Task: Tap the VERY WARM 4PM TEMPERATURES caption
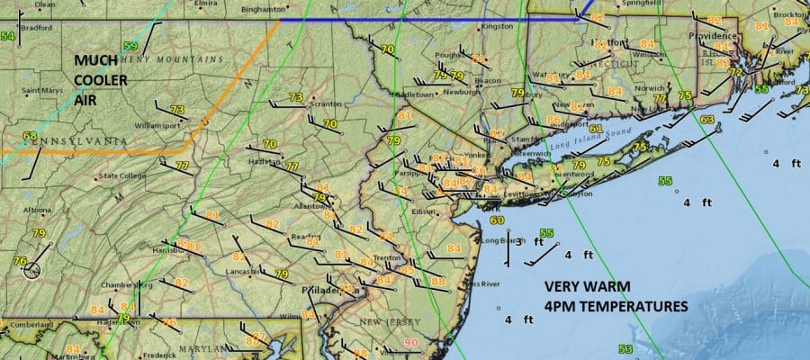pos(616,298)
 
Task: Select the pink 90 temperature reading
pos(411,343)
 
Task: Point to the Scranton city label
pos(325,103)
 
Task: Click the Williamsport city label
pos(158,126)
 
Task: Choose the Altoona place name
pos(37,210)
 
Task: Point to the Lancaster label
pos(240,270)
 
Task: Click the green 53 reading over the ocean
pos(625,348)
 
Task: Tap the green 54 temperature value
pos(8,36)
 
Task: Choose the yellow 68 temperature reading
pos(31,137)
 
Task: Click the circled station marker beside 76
pos(32,269)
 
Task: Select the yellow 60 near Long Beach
pos(497,220)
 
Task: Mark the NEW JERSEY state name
pos(385,322)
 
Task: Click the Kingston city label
pos(497,26)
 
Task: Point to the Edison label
pos(423,212)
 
